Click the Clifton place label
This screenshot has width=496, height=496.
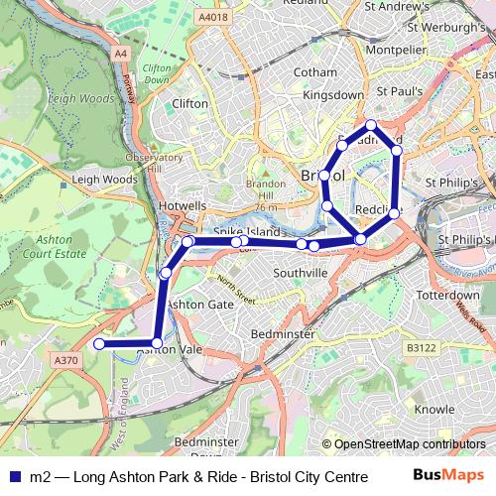tap(189, 103)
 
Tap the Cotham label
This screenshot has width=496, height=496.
tap(315, 72)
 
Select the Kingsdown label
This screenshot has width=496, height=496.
tap(332, 95)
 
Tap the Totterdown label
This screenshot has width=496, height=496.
tap(447, 296)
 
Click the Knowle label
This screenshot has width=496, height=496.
tap(434, 408)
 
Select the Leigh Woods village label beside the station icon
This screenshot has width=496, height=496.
tap(104, 180)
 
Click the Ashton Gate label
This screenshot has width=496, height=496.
tap(196, 304)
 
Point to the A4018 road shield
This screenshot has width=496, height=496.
tap(212, 17)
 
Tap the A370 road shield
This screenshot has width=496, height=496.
tap(66, 361)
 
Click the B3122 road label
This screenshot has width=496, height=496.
tap(421, 348)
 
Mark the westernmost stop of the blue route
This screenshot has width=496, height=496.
tap(98, 344)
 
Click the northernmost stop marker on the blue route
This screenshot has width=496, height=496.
tap(370, 125)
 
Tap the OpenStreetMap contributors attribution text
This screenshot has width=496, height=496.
tap(404, 444)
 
